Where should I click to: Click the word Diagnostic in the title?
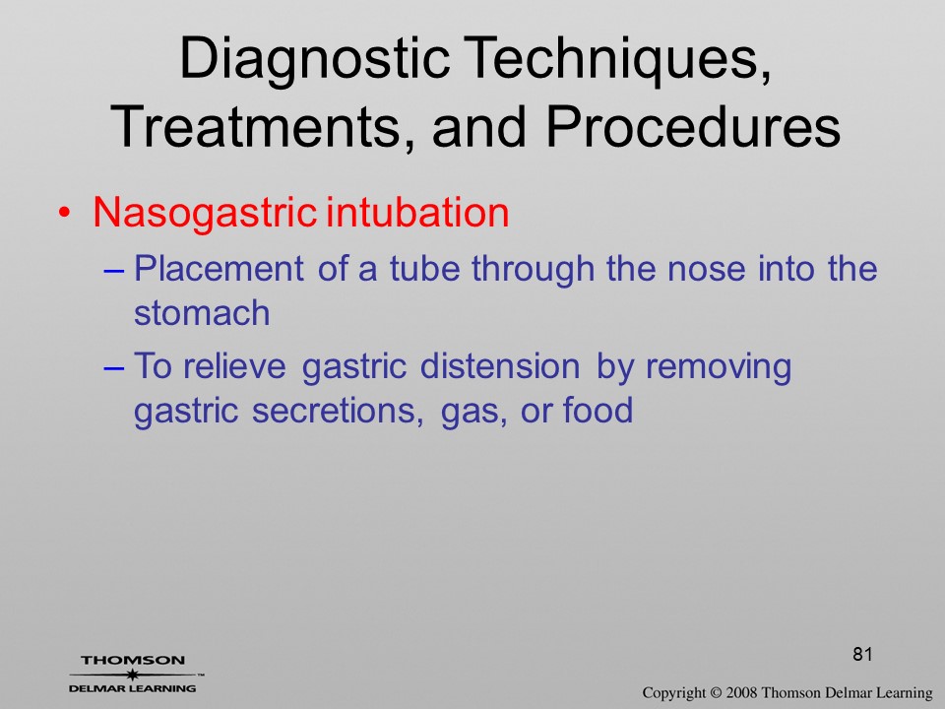(314, 60)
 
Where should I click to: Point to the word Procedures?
(693, 126)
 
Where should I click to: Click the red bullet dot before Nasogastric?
(65, 214)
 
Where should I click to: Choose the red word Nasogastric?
(205, 215)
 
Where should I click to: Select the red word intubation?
(417, 213)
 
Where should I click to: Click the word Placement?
(219, 268)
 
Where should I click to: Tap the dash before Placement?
(113, 271)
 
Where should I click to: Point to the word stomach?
(202, 313)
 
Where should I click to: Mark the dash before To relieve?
(113, 368)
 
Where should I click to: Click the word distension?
(500, 366)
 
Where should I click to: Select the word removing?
(719, 368)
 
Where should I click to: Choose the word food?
(598, 410)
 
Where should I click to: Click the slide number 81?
(862, 654)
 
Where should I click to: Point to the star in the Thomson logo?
(133, 675)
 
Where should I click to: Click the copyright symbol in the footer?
(715, 693)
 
